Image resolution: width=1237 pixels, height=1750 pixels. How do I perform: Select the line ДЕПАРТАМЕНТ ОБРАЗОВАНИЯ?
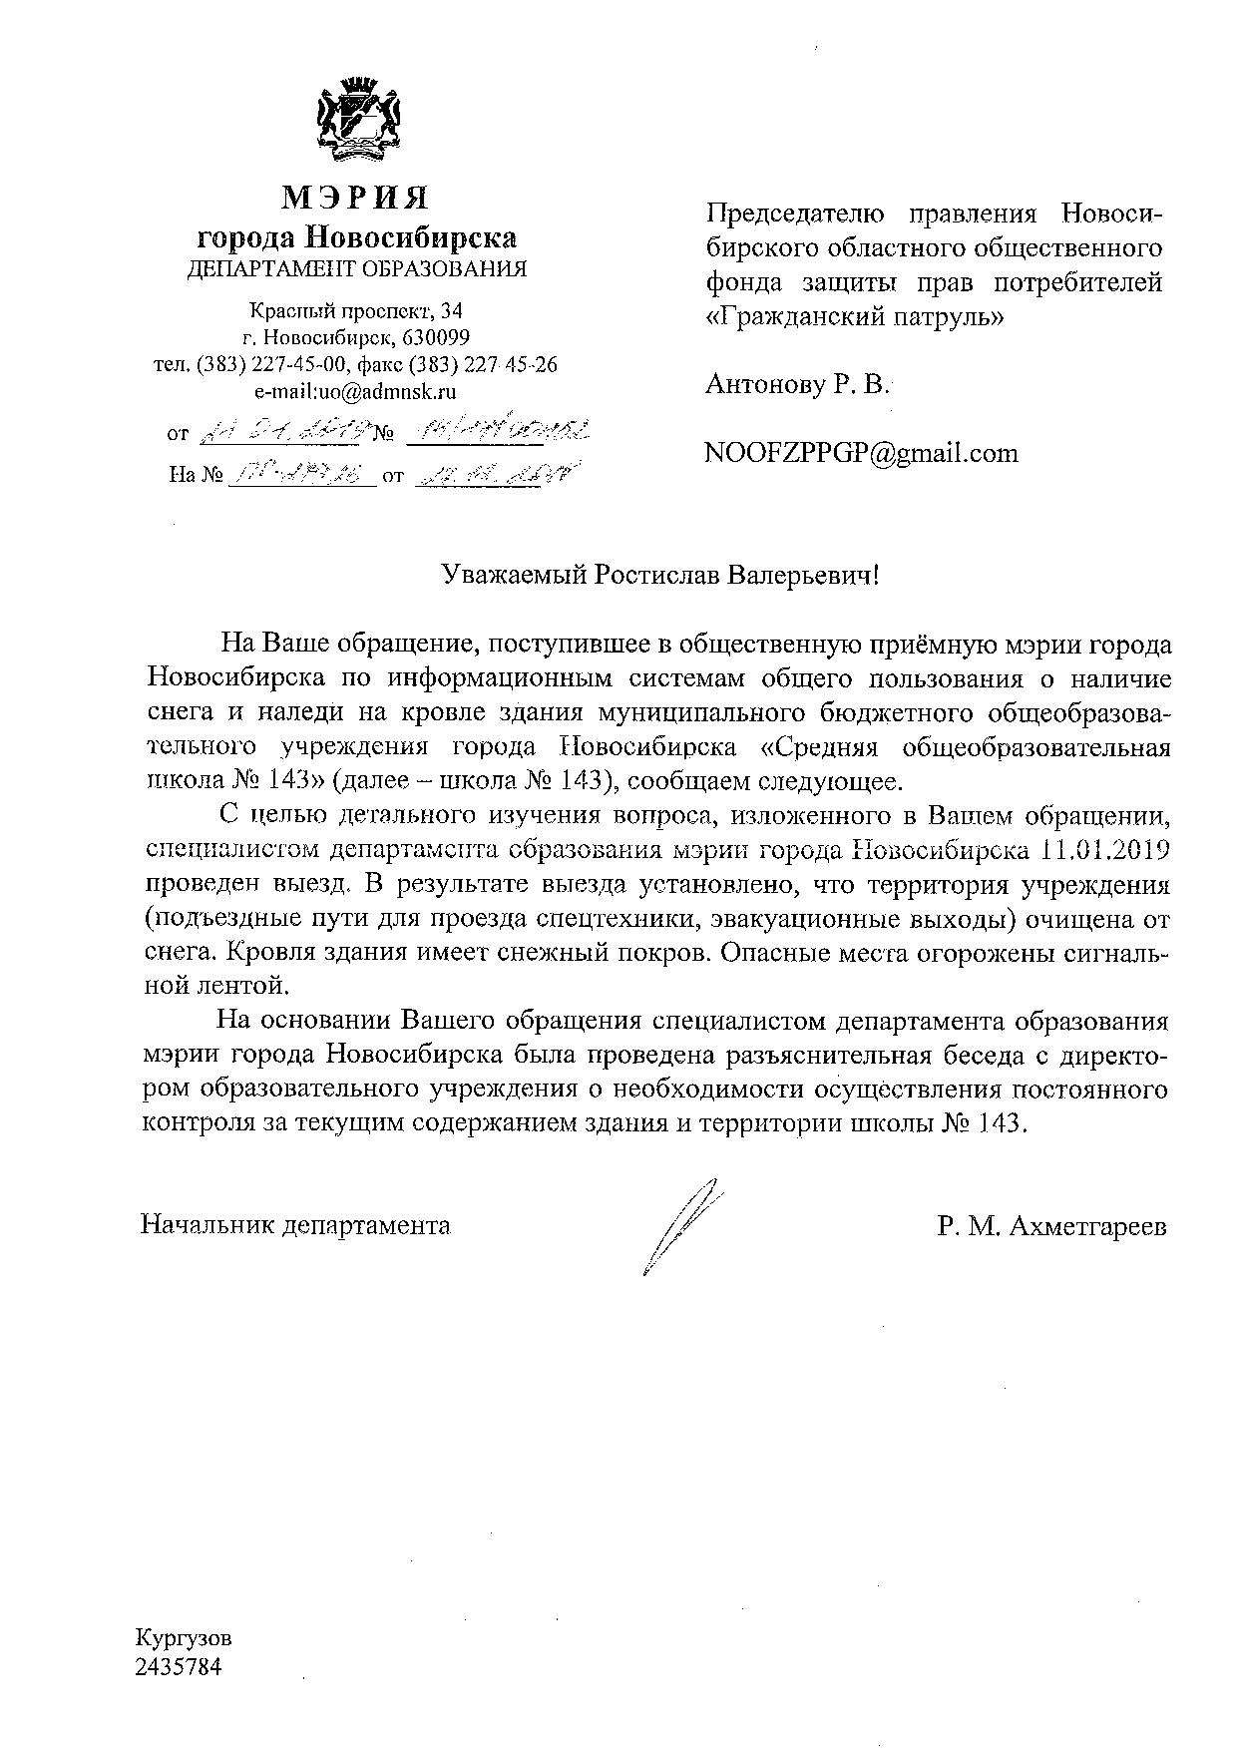(357, 268)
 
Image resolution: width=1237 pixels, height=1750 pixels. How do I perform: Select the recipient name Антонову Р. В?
(797, 384)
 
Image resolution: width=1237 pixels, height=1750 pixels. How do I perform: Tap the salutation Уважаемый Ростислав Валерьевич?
(662, 576)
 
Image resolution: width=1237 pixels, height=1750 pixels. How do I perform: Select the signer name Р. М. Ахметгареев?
(1050, 1226)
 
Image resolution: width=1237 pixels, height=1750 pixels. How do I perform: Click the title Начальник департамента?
(295, 1225)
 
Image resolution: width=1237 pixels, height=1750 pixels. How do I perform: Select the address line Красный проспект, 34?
(355, 311)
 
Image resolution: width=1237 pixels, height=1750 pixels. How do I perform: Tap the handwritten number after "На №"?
(300, 476)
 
